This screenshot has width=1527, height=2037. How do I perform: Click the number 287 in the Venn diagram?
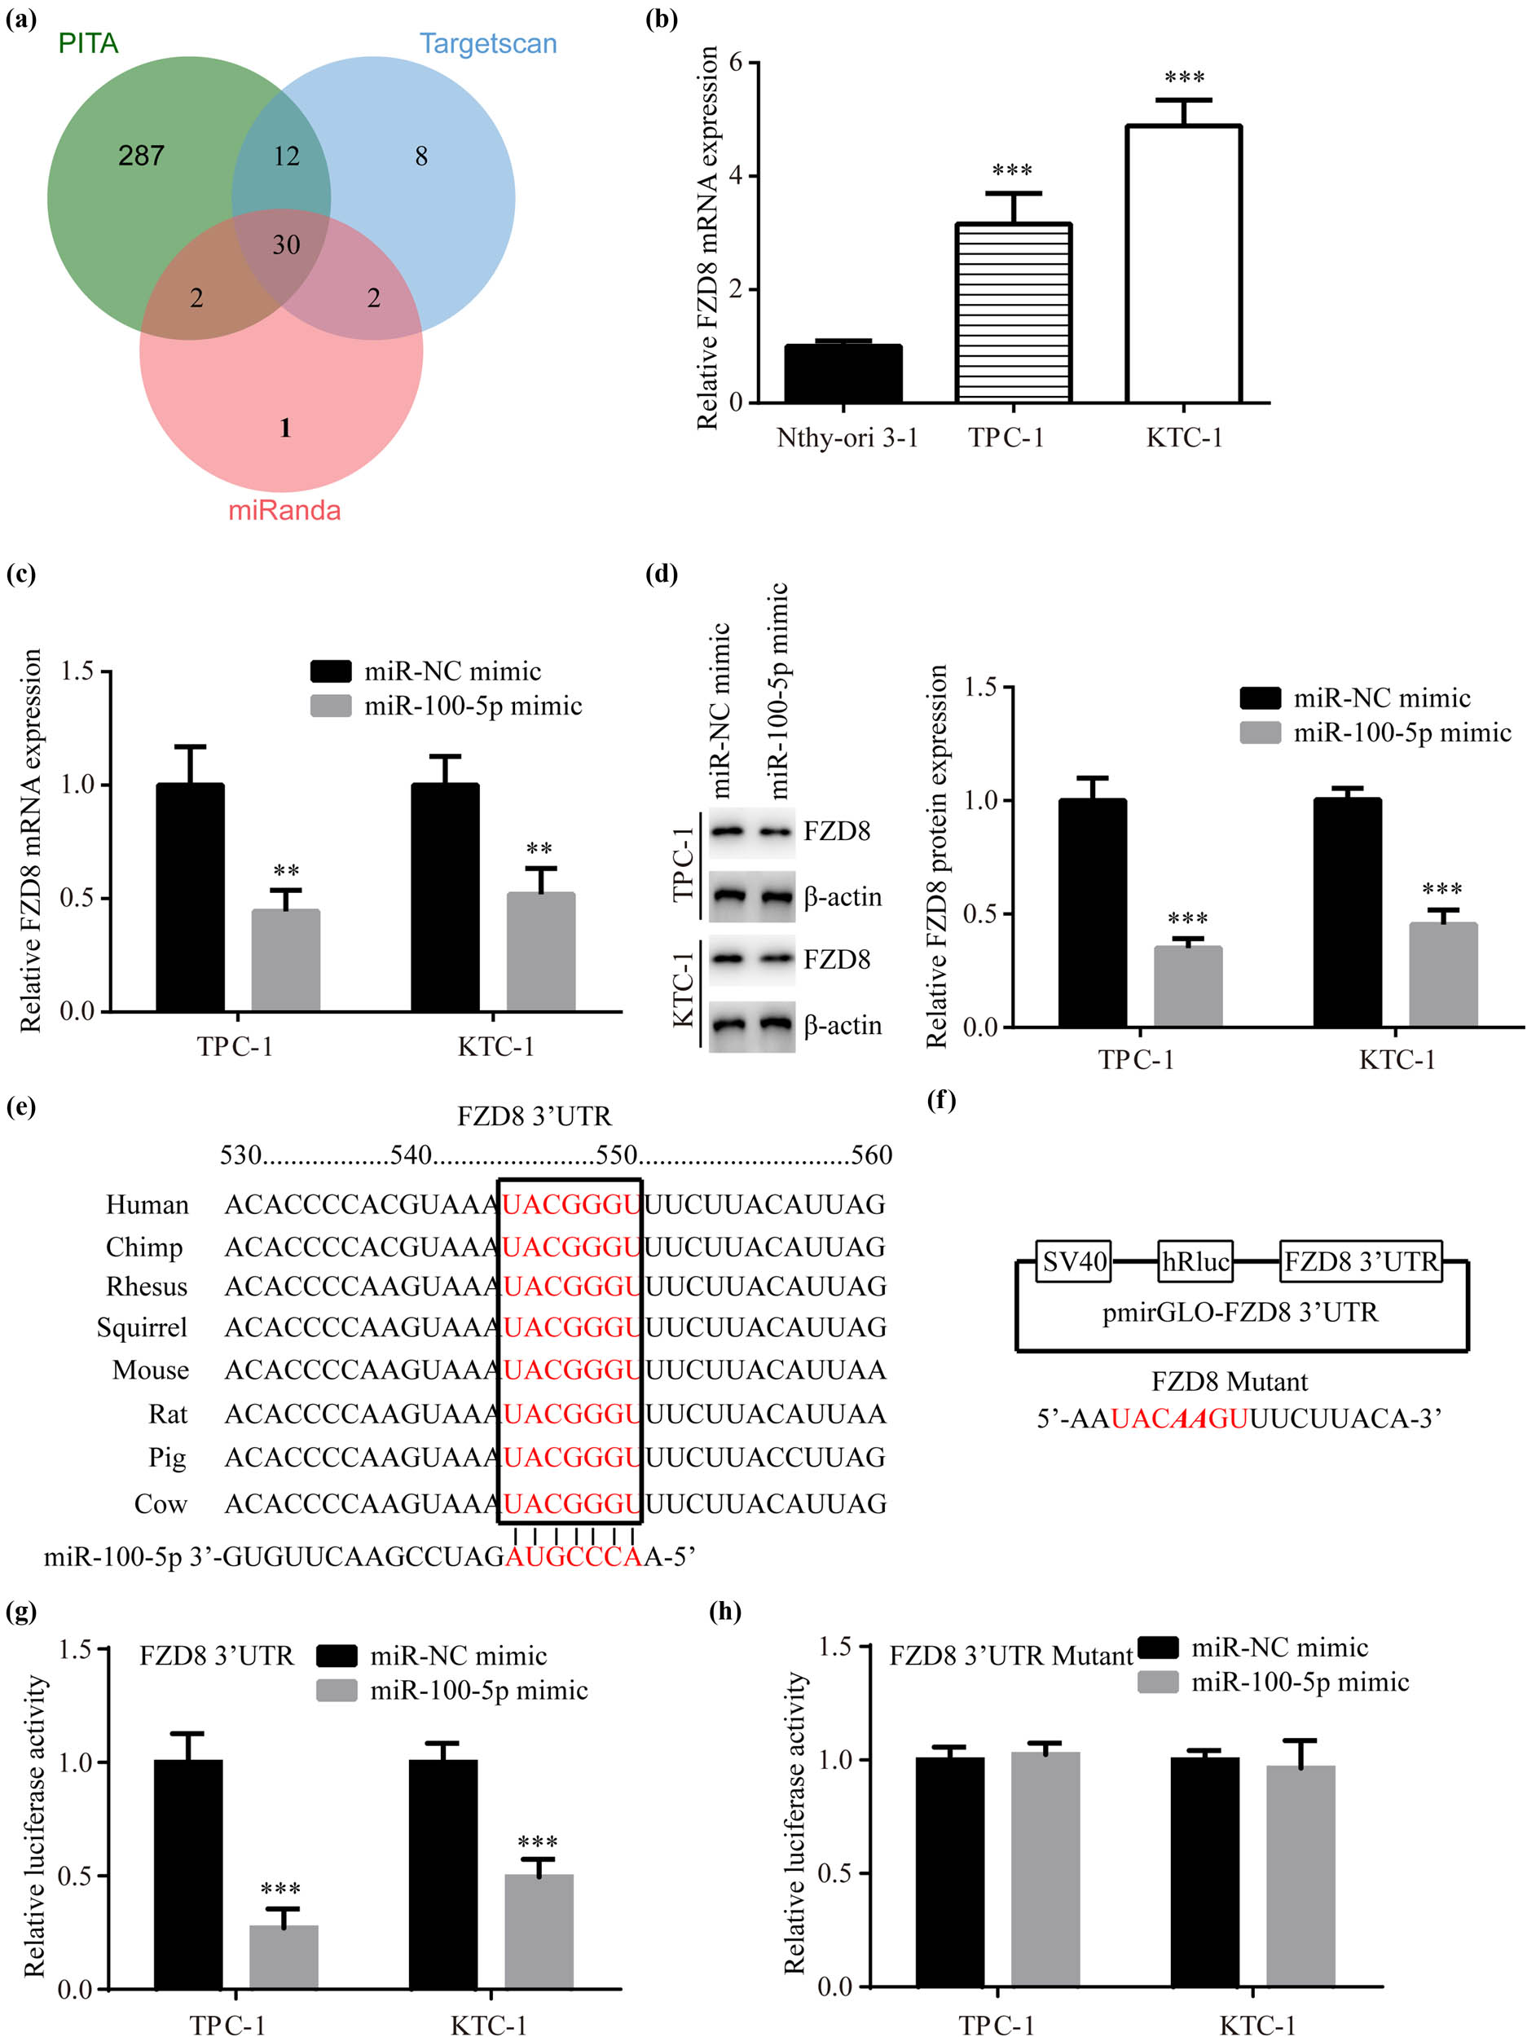pyautogui.click(x=141, y=156)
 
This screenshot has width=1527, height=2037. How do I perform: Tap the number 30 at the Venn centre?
pyautogui.click(x=285, y=245)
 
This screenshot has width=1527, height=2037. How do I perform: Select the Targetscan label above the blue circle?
pyautogui.click(x=488, y=43)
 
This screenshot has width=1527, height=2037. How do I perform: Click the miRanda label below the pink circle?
pyautogui.click(x=284, y=510)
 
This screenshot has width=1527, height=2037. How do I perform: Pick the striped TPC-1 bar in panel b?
pyautogui.click(x=1013, y=313)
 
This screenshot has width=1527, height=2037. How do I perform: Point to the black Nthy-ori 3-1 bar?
pyautogui.click(x=843, y=374)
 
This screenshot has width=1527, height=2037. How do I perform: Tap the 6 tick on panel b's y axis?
pyautogui.click(x=736, y=63)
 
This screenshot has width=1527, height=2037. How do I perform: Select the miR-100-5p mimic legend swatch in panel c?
pyautogui.click(x=331, y=706)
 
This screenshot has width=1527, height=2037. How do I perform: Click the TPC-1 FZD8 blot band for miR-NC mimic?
pyautogui.click(x=728, y=832)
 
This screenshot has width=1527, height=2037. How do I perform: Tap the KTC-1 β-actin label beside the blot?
pyautogui.click(x=842, y=1025)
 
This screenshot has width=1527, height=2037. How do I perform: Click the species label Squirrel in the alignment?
pyautogui.click(x=142, y=1327)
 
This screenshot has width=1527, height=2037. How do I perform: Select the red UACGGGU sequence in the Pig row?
pyautogui.click(x=570, y=1457)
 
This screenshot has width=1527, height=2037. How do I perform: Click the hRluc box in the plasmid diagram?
pyautogui.click(x=1195, y=1260)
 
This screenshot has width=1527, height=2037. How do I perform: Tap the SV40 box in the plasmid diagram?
pyautogui.click(x=1074, y=1260)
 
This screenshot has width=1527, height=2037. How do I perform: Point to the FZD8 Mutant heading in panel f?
pyautogui.click(x=1229, y=1381)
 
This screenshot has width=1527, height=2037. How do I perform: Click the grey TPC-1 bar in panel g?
pyautogui.click(x=284, y=1956)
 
